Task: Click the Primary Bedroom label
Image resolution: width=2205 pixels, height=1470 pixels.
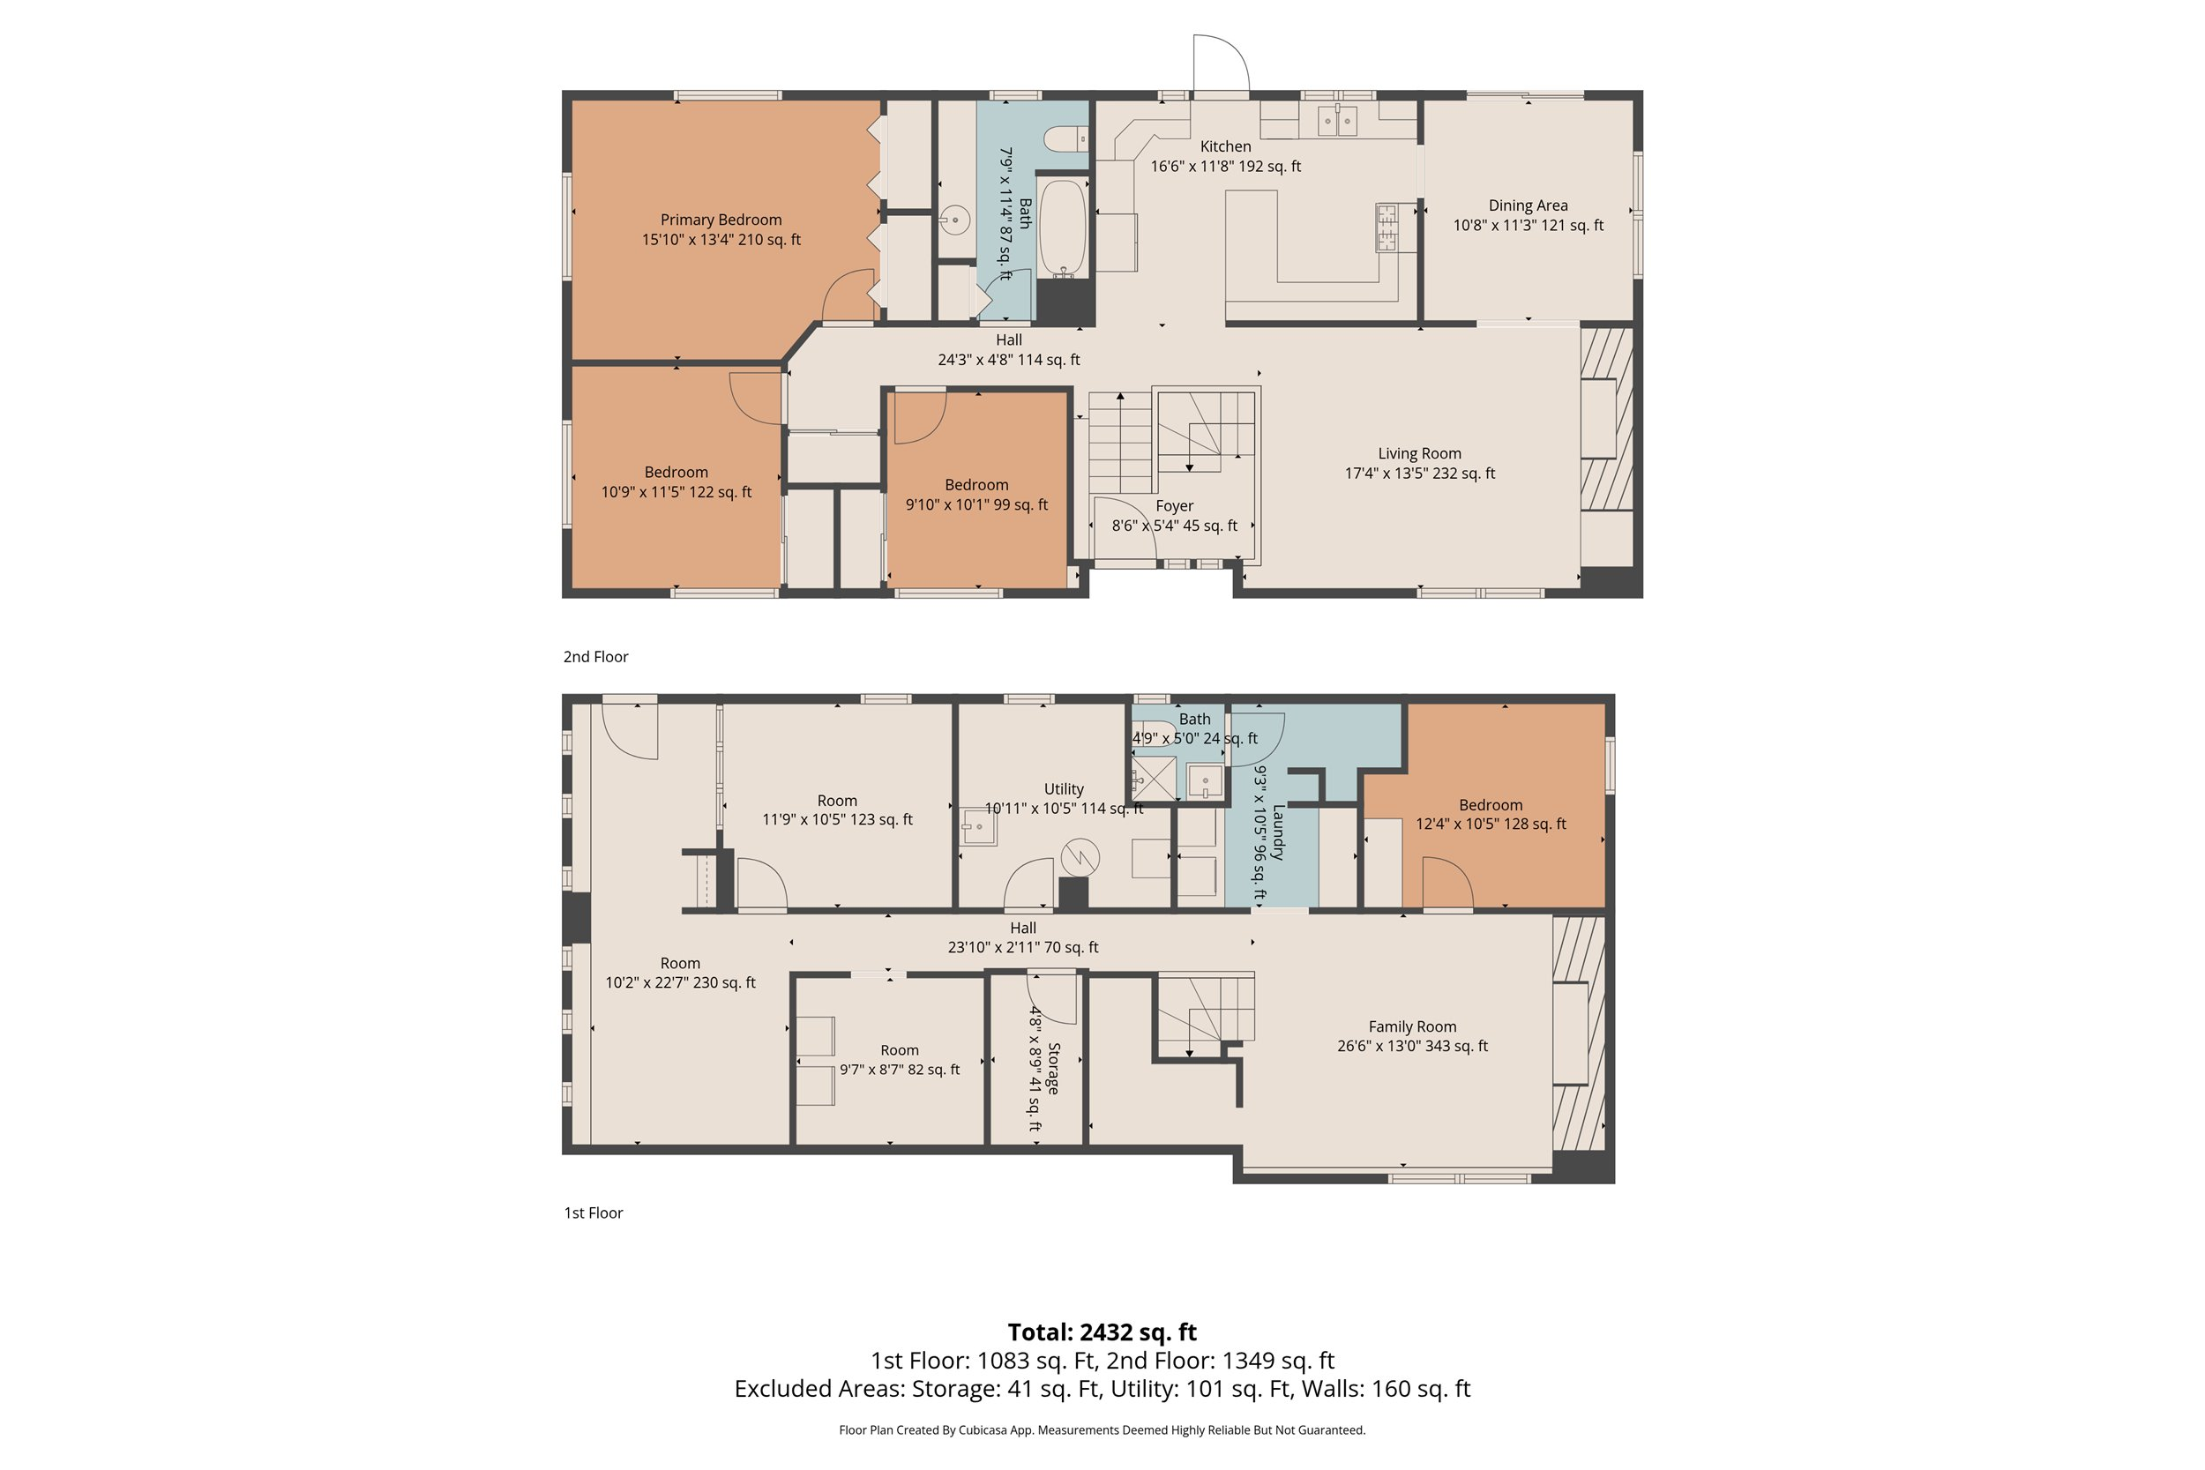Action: (720, 220)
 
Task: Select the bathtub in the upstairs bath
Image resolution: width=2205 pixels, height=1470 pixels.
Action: (1062, 228)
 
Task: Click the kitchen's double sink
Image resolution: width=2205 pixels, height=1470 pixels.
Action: (1337, 121)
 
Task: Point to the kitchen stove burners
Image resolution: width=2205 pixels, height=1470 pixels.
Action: (1386, 227)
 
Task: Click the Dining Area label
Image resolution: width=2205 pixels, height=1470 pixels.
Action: (1528, 205)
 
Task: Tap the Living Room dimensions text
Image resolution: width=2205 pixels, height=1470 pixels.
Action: (1419, 474)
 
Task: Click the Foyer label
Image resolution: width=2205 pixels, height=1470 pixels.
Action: (1174, 506)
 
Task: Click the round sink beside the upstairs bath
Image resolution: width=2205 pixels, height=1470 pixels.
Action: (954, 220)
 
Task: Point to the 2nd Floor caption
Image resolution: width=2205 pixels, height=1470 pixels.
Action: (595, 657)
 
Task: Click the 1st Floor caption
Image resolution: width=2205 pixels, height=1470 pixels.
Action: (593, 1213)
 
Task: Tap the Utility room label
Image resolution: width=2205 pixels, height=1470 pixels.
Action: (1063, 789)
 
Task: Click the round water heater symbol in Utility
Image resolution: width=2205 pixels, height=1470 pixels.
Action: (1080, 856)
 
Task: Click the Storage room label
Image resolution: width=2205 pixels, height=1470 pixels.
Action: (1054, 1068)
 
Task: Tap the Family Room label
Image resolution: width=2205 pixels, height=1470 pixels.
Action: (1412, 1026)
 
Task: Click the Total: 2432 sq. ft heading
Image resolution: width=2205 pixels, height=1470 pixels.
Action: (1102, 1332)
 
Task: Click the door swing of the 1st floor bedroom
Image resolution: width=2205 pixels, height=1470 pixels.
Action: (1446, 884)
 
